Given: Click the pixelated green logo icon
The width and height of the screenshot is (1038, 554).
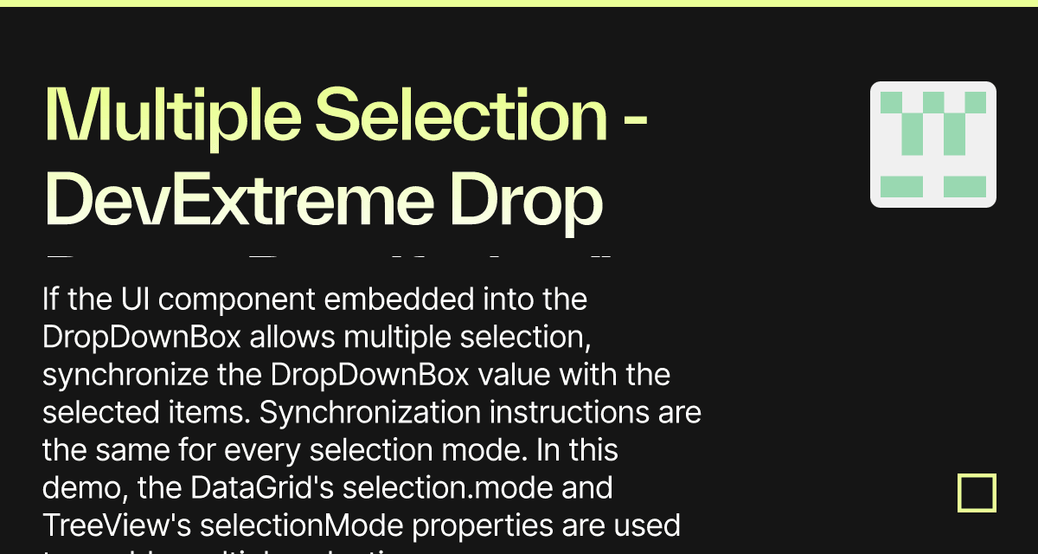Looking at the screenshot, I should pyautogui.click(x=932, y=145).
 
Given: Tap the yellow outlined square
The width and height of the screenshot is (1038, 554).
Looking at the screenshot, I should pyautogui.click(x=977, y=493).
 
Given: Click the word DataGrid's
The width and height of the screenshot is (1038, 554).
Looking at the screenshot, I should pyautogui.click(x=266, y=488).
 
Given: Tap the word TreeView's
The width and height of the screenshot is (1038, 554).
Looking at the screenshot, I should pyautogui.click(x=119, y=525).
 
